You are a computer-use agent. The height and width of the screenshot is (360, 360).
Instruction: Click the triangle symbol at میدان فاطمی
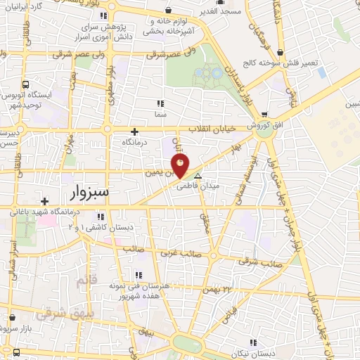pos(198,177)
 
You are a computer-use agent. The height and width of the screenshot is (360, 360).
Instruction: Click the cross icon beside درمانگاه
pos(135,131)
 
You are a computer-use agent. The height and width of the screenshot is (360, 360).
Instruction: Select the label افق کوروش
pos(264,124)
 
